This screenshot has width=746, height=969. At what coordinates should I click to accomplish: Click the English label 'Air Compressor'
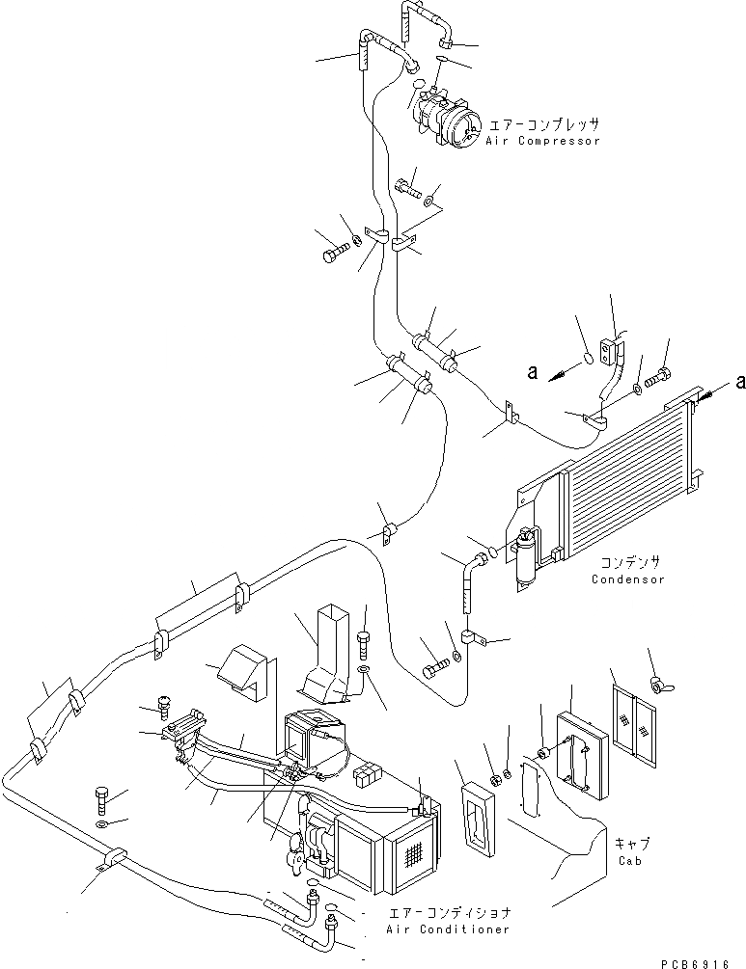(542, 141)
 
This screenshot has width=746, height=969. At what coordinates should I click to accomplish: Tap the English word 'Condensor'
(628, 579)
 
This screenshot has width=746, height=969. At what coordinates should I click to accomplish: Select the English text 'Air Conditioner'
(447, 929)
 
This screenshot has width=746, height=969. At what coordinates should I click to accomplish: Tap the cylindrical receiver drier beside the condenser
(526, 559)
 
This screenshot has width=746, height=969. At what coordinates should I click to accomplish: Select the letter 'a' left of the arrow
(531, 370)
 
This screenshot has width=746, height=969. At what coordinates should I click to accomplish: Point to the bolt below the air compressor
(407, 188)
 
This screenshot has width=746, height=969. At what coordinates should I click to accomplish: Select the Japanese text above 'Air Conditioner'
(449, 911)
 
